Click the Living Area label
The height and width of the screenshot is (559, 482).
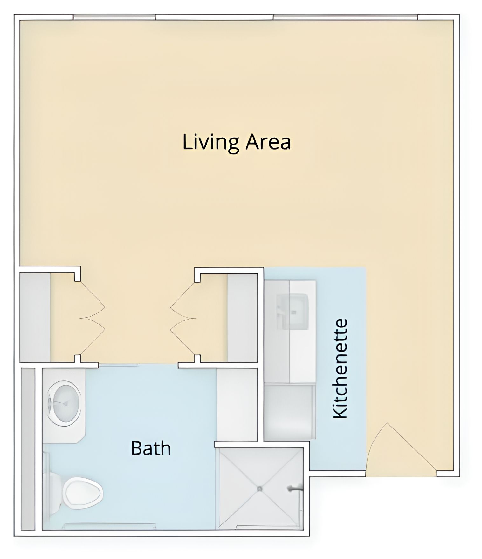(x=237, y=142)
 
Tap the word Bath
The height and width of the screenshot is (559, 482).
(x=151, y=448)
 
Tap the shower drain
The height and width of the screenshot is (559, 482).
(x=260, y=488)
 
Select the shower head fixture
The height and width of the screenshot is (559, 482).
(x=294, y=488)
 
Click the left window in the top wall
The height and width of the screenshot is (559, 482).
(x=114, y=17)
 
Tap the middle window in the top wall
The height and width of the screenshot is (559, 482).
(x=214, y=17)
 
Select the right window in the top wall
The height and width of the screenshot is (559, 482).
(x=345, y=17)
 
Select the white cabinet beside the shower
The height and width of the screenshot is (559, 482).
(x=237, y=404)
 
